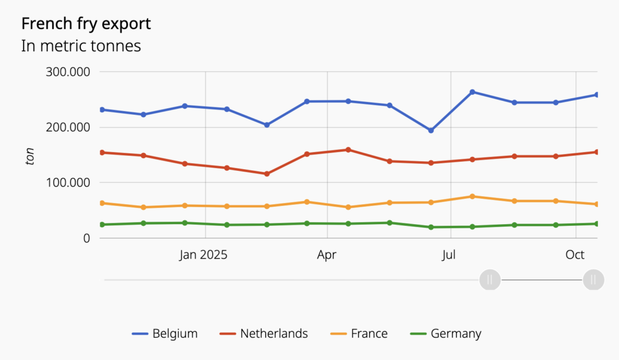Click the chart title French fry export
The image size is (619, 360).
86,24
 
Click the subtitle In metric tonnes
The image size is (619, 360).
81,46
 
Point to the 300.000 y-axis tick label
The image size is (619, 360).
68,72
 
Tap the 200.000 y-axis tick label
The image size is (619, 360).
68,127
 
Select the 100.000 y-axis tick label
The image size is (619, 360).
68,182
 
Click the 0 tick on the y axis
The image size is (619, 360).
86,238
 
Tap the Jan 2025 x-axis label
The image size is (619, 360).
203,255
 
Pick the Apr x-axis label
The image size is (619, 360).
326,255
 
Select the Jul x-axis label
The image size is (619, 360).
449,255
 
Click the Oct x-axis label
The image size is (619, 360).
575,255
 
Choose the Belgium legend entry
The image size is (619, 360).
164,333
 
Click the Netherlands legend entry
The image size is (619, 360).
264,333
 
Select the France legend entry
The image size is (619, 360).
359,333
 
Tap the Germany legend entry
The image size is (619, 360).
446,333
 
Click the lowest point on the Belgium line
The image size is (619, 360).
431,130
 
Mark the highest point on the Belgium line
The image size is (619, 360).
472,92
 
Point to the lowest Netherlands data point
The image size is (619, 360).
267,174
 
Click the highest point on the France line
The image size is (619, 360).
472,196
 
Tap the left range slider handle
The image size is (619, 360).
490,280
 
